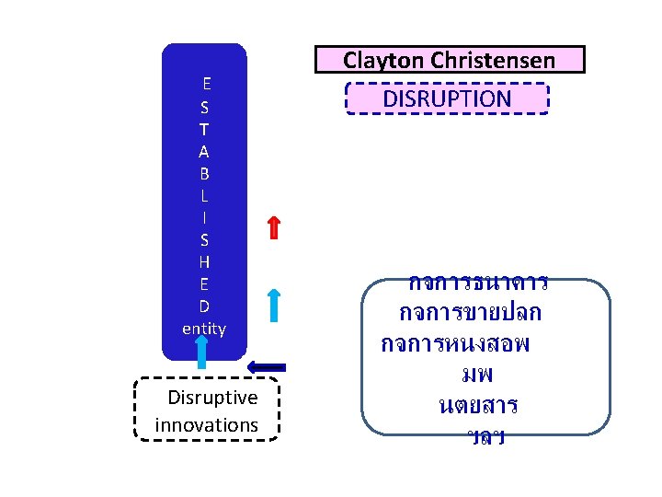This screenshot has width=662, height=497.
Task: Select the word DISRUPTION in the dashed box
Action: click(x=447, y=98)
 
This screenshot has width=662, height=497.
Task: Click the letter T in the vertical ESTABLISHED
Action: click(x=204, y=129)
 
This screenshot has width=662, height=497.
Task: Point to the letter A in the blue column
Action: click(x=204, y=151)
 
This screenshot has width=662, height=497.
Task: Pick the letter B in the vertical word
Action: click(x=204, y=173)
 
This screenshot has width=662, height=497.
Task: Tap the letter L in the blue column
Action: click(x=204, y=195)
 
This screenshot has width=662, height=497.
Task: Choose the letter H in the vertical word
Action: click(x=204, y=261)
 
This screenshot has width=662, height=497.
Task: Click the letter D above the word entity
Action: click(x=204, y=306)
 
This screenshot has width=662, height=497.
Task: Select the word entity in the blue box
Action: click(x=204, y=328)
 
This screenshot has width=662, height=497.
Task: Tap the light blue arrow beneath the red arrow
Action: click(x=274, y=305)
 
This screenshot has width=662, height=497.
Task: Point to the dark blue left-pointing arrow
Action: click(x=268, y=366)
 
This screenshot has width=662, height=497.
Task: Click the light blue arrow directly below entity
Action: click(x=202, y=353)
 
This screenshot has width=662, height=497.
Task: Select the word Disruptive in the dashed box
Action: click(x=213, y=398)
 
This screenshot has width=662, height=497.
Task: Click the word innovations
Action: click(x=207, y=425)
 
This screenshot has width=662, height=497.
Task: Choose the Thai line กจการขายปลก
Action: click(x=471, y=313)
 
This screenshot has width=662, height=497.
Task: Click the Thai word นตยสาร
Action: click(x=478, y=405)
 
